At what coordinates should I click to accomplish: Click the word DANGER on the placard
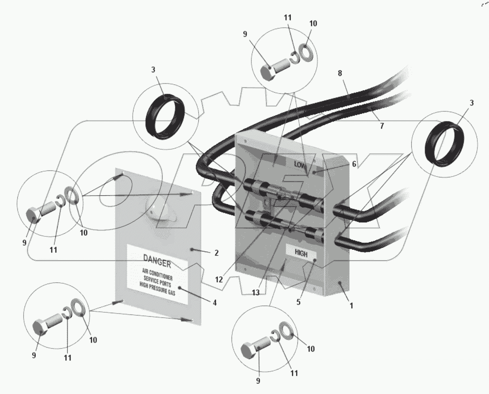(157, 262)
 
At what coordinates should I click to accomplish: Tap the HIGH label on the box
(301, 254)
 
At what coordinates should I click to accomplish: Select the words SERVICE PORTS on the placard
(157, 281)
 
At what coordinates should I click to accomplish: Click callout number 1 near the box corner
(351, 306)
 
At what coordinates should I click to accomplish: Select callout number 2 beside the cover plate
(217, 253)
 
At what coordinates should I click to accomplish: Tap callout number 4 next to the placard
(214, 302)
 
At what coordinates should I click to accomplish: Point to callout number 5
(298, 302)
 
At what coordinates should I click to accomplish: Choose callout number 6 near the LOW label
(354, 164)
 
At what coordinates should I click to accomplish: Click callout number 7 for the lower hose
(382, 126)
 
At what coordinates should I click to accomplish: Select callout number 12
(219, 280)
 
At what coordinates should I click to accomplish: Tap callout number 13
(256, 293)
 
